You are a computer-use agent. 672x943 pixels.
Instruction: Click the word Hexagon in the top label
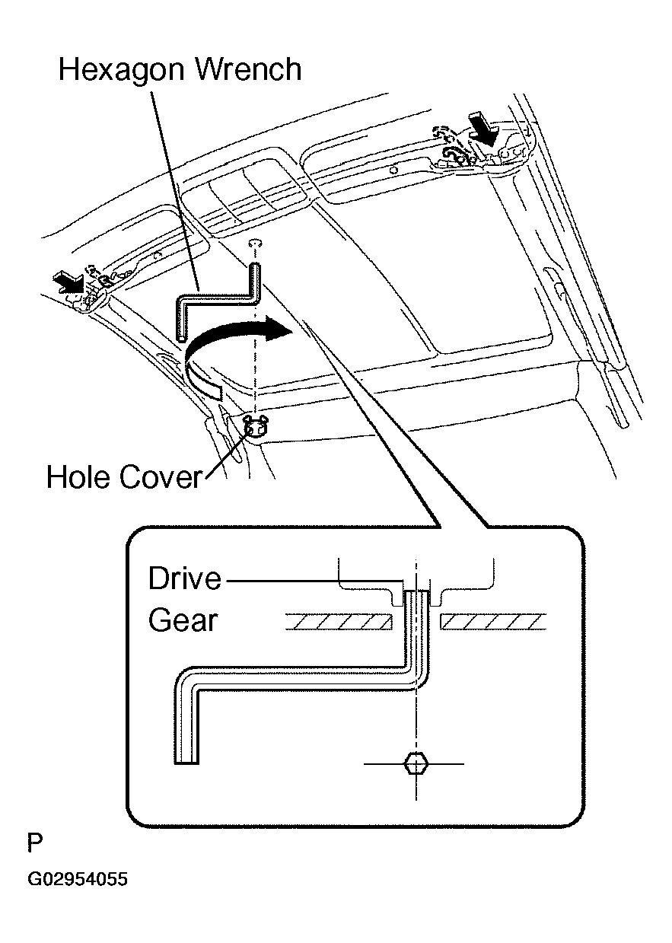(x=121, y=71)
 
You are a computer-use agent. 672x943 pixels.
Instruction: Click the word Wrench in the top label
(x=250, y=69)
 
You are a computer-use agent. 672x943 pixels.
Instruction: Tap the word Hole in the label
(x=78, y=477)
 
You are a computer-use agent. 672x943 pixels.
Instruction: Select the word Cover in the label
(x=161, y=477)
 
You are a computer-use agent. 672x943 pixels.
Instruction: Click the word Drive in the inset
(x=185, y=578)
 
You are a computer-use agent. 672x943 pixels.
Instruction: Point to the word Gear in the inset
(x=183, y=620)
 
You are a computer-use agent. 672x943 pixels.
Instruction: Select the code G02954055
(x=78, y=879)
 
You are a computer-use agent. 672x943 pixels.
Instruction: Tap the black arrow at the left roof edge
(x=69, y=281)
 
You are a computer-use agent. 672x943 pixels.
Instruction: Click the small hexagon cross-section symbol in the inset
(x=416, y=763)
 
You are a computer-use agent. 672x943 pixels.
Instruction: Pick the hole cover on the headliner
(x=256, y=428)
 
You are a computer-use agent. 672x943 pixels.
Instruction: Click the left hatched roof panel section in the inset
(x=339, y=622)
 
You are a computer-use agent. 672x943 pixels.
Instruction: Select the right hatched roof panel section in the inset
(x=493, y=622)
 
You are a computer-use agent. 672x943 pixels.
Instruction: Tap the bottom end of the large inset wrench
(x=186, y=760)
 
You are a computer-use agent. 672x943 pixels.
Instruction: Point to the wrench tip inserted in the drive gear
(x=416, y=594)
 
